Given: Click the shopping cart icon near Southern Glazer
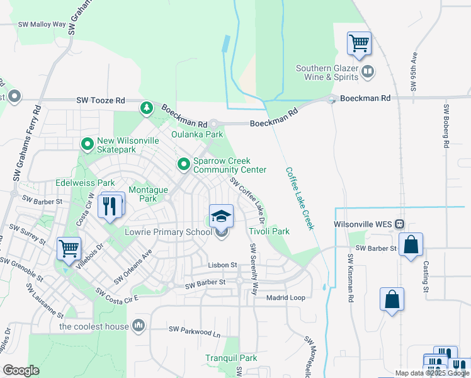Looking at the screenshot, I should coord(359,44).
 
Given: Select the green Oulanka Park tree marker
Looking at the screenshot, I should coord(147,108).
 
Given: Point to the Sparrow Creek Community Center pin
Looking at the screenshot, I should coord(184,164).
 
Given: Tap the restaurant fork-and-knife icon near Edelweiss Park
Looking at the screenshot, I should coord(111,205).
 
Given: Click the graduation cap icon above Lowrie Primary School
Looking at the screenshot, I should coord(221,217).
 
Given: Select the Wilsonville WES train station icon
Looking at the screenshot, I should coord(399,224).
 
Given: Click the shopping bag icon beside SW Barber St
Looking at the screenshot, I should coord(411,245).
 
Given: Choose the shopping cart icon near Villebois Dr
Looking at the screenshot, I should coord(69,247).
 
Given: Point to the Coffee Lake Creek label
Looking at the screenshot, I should coord(299,198).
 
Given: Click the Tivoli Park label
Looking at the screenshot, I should coord(269,231).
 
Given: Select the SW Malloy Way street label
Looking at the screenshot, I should coord(43,24).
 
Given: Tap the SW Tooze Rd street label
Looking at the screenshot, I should coord(101,100).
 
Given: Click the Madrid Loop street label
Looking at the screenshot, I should coord(286,297).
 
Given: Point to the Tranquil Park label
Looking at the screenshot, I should coord(231,358).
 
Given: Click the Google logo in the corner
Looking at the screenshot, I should coord(21,370).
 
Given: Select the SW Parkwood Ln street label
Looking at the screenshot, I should coord(195,329).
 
